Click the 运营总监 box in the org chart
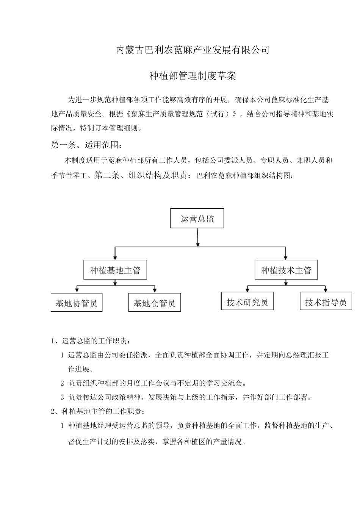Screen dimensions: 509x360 (197, 218)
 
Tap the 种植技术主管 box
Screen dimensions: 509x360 (286, 270)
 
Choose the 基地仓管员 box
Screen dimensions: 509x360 (154, 303)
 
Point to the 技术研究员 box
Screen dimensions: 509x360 (247, 302)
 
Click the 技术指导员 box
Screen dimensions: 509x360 (326, 302)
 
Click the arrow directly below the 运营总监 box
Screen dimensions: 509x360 (197, 243)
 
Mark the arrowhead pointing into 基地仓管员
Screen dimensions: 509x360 (155, 290)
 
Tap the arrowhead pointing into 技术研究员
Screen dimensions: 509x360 (247, 289)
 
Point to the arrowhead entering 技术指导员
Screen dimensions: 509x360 (326, 289)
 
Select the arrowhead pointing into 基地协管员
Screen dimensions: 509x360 (77, 290)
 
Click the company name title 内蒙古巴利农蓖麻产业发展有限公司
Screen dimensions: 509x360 (193, 50)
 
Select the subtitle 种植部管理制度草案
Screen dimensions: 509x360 (193, 76)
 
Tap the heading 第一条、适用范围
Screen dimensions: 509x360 (87, 145)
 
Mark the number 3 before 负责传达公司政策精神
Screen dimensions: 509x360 (63, 397)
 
